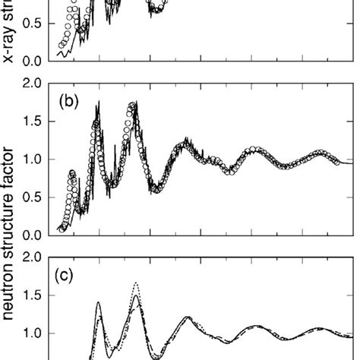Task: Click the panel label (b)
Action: pos(72,102)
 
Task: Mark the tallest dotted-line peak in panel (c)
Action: pos(137,283)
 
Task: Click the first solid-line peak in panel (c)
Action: pos(99,302)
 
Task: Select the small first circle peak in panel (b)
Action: pos(72,173)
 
